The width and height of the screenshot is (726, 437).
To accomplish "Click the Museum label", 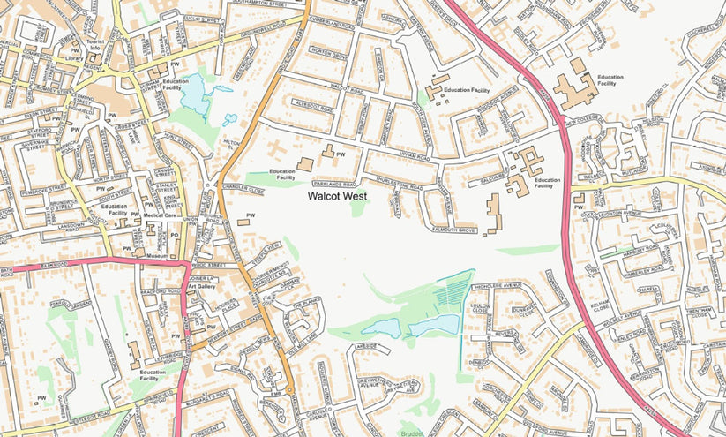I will [x=157, y=255].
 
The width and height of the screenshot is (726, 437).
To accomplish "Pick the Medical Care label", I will [x=161, y=215].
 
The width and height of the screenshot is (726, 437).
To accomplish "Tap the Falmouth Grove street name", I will [x=454, y=230].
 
